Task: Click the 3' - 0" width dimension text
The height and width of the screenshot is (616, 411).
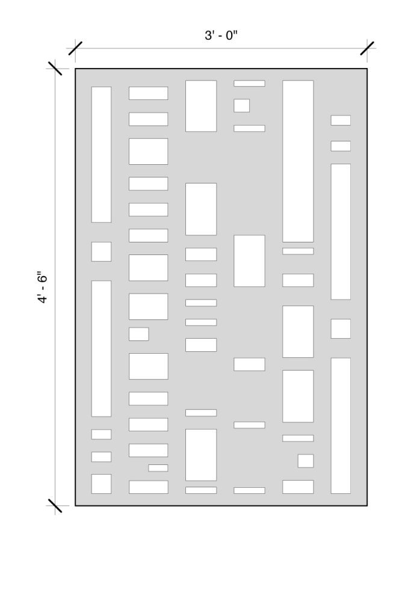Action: click(221, 35)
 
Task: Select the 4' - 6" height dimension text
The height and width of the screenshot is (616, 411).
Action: click(43, 287)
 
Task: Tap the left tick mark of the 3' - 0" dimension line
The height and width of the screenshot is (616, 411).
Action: click(75, 48)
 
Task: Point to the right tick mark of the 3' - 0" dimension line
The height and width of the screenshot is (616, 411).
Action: click(367, 48)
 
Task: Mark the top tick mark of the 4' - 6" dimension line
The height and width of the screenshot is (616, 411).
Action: click(55, 69)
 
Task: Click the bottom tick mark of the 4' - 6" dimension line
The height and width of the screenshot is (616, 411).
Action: click(55, 505)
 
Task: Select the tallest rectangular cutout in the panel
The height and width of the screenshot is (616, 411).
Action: click(298, 161)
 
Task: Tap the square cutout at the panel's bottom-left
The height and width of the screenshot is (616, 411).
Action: click(101, 484)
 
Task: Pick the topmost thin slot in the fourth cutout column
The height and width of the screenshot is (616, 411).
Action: click(249, 83)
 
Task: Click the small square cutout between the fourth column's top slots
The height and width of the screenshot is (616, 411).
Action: click(242, 105)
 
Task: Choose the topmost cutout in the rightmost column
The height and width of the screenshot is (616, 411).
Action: click(341, 120)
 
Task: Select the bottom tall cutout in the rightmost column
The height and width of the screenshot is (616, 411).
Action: click(341, 425)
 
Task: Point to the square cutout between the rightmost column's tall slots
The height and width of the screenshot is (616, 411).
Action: click(341, 328)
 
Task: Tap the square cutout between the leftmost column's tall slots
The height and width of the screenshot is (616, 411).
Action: click(101, 251)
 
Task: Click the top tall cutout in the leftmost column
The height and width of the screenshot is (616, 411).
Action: click(101, 155)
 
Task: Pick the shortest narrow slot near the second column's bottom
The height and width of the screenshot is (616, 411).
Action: click(158, 467)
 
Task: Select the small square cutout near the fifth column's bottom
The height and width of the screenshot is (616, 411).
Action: click(306, 461)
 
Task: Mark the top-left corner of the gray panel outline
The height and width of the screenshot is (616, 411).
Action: click(75, 69)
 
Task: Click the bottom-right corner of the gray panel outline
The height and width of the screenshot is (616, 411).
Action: click(367, 505)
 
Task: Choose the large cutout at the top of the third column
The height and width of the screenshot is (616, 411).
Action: click(201, 106)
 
